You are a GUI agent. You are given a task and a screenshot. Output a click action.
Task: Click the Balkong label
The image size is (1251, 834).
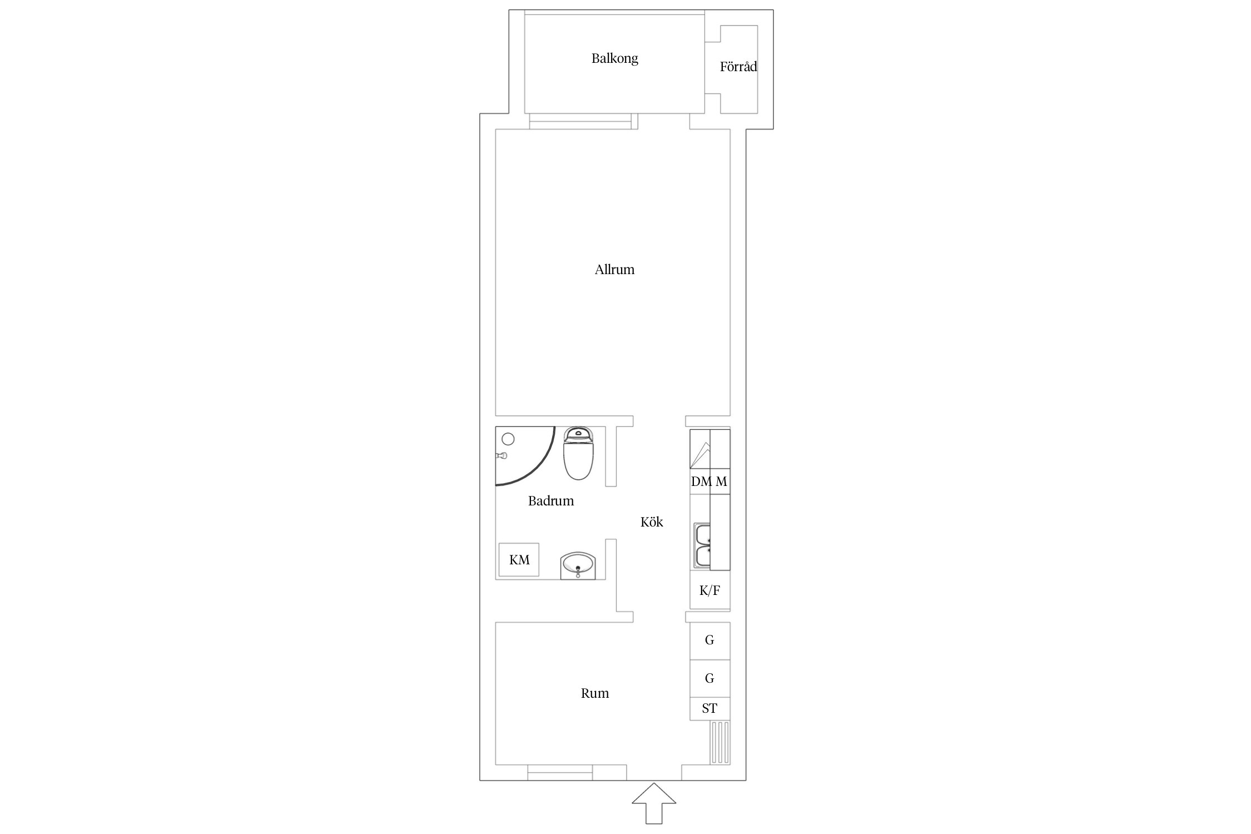(x=614, y=58)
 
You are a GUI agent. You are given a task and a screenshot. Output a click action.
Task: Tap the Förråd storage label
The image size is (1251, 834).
(x=738, y=67)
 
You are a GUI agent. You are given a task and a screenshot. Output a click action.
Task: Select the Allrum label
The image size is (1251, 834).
(x=614, y=270)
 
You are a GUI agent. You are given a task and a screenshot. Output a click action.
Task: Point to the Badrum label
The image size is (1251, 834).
(x=550, y=501)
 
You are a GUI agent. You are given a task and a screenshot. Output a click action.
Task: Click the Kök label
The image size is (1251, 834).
(x=652, y=522)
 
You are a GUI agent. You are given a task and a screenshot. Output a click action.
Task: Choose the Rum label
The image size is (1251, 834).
(x=595, y=693)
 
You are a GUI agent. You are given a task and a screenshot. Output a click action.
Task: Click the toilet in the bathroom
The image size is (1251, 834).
(x=579, y=453)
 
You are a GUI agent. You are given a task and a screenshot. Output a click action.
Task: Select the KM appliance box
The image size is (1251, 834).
(x=519, y=560)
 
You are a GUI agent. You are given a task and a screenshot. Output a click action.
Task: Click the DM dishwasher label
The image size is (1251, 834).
(x=701, y=481)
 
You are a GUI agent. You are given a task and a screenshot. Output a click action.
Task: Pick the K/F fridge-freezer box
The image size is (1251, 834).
(x=710, y=590)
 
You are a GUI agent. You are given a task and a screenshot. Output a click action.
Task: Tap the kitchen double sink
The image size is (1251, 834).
(x=703, y=545)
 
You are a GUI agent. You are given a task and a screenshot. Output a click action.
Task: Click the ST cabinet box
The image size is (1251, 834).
(x=710, y=709)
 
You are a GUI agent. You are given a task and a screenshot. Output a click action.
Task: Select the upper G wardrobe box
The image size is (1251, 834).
(x=710, y=641)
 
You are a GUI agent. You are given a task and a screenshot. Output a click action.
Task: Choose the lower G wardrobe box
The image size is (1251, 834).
(x=710, y=678)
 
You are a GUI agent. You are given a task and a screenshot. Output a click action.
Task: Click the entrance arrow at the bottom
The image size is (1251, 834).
(x=654, y=803)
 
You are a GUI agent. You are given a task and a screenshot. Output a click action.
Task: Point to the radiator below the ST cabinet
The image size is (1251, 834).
(x=720, y=742)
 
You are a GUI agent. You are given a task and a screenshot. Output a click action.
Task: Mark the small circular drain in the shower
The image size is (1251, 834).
(x=508, y=439)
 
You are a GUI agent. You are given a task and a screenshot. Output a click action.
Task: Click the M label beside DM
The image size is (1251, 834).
(x=721, y=481)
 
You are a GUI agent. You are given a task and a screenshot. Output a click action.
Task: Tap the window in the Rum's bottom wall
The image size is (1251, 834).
(x=560, y=772)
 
